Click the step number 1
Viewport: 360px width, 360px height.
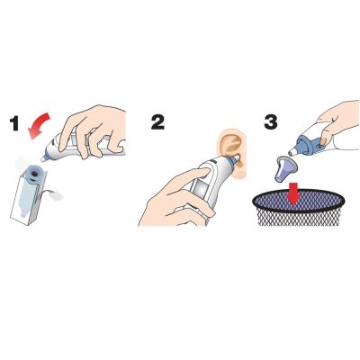pos(14,123)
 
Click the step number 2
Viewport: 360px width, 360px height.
pos(157,122)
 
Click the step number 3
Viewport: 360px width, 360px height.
pos(271,122)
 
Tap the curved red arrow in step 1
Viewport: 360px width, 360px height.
pos(39,124)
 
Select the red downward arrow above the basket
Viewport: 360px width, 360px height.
pos(293,193)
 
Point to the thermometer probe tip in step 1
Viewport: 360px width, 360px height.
pos(44,158)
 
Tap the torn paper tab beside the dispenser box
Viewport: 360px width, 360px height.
pos(57,195)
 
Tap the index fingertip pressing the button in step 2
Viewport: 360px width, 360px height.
pos(204,172)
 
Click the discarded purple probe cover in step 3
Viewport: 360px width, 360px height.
pos(284,169)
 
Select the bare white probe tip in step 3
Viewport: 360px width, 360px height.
pos(292,153)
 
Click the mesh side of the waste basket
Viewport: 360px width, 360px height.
pos(300,219)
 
